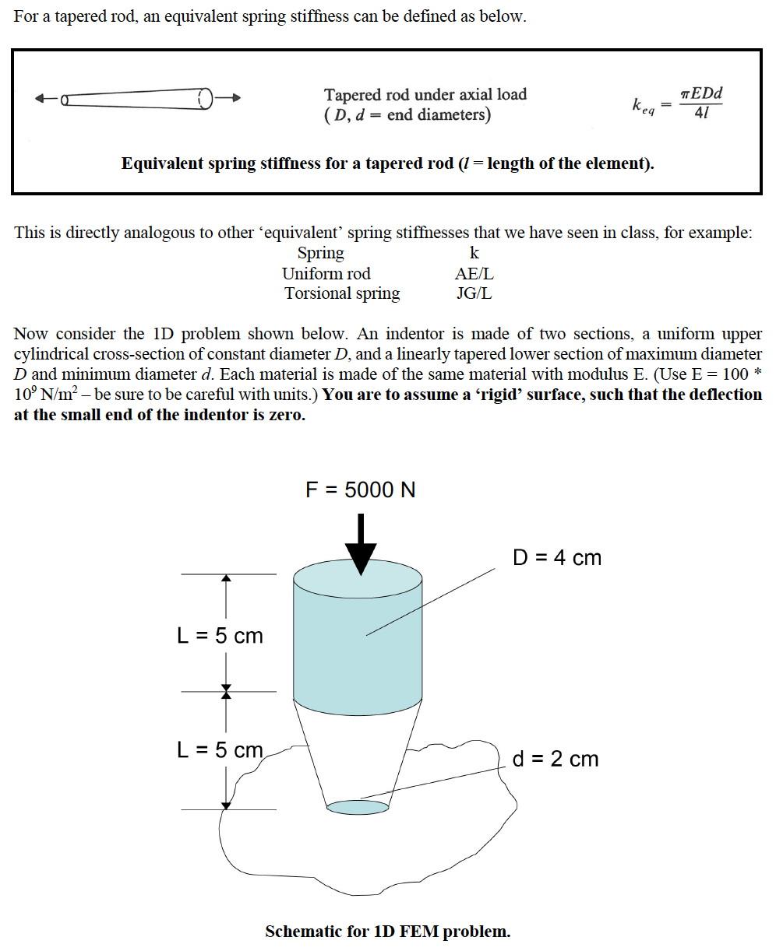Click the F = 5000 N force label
[360, 490]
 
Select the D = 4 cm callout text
[557, 557]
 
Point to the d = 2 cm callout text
[556, 759]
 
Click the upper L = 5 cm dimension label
[220, 636]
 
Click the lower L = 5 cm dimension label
[220, 750]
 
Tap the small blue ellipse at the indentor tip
[357, 807]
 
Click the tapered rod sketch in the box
[137, 99]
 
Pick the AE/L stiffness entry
[474, 274]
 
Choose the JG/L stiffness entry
[474, 294]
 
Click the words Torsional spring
[342, 294]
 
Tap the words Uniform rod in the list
[326, 274]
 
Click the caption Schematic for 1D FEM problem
[387, 932]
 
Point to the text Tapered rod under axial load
[425, 94]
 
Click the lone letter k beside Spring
[474, 254]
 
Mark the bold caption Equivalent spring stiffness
[387, 163]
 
